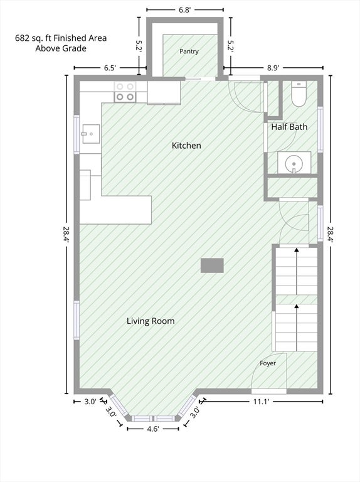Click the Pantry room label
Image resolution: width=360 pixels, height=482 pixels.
coord(189,51)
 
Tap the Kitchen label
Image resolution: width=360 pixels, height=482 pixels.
coord(186,146)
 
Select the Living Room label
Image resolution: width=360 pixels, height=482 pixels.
coord(151,321)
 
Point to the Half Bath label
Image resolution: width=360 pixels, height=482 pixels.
coord(289,127)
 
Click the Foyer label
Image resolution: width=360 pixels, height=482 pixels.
coord(268,363)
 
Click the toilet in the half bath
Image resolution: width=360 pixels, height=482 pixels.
coord(299,94)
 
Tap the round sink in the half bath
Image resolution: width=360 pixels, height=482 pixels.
coord(294,163)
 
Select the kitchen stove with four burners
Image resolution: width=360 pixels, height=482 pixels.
coord(125,92)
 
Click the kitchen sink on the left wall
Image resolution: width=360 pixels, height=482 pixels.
coord(90,134)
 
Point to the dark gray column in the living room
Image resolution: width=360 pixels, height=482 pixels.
coord(212,265)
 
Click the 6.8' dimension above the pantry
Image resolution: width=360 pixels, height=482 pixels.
coord(185,10)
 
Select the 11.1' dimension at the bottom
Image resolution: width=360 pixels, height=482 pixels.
coord(261,402)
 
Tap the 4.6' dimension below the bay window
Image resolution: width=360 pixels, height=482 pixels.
coord(152,429)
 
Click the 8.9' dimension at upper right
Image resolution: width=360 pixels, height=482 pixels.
coord(272,68)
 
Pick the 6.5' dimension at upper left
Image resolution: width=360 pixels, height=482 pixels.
coord(110,68)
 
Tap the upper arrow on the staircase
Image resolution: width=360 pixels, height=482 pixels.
coord(297,271)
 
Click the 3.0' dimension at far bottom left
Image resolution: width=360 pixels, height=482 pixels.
coord(90,402)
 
